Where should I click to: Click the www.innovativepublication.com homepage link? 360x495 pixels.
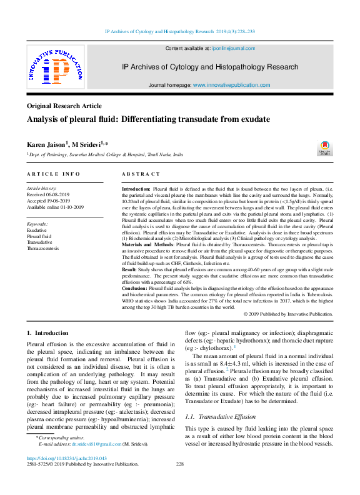click(232, 84)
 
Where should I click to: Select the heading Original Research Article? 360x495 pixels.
click(64, 106)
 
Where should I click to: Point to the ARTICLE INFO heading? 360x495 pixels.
click(53, 174)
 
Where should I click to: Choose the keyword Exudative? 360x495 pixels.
click(37, 230)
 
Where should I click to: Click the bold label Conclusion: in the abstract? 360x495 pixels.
click(134, 288)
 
